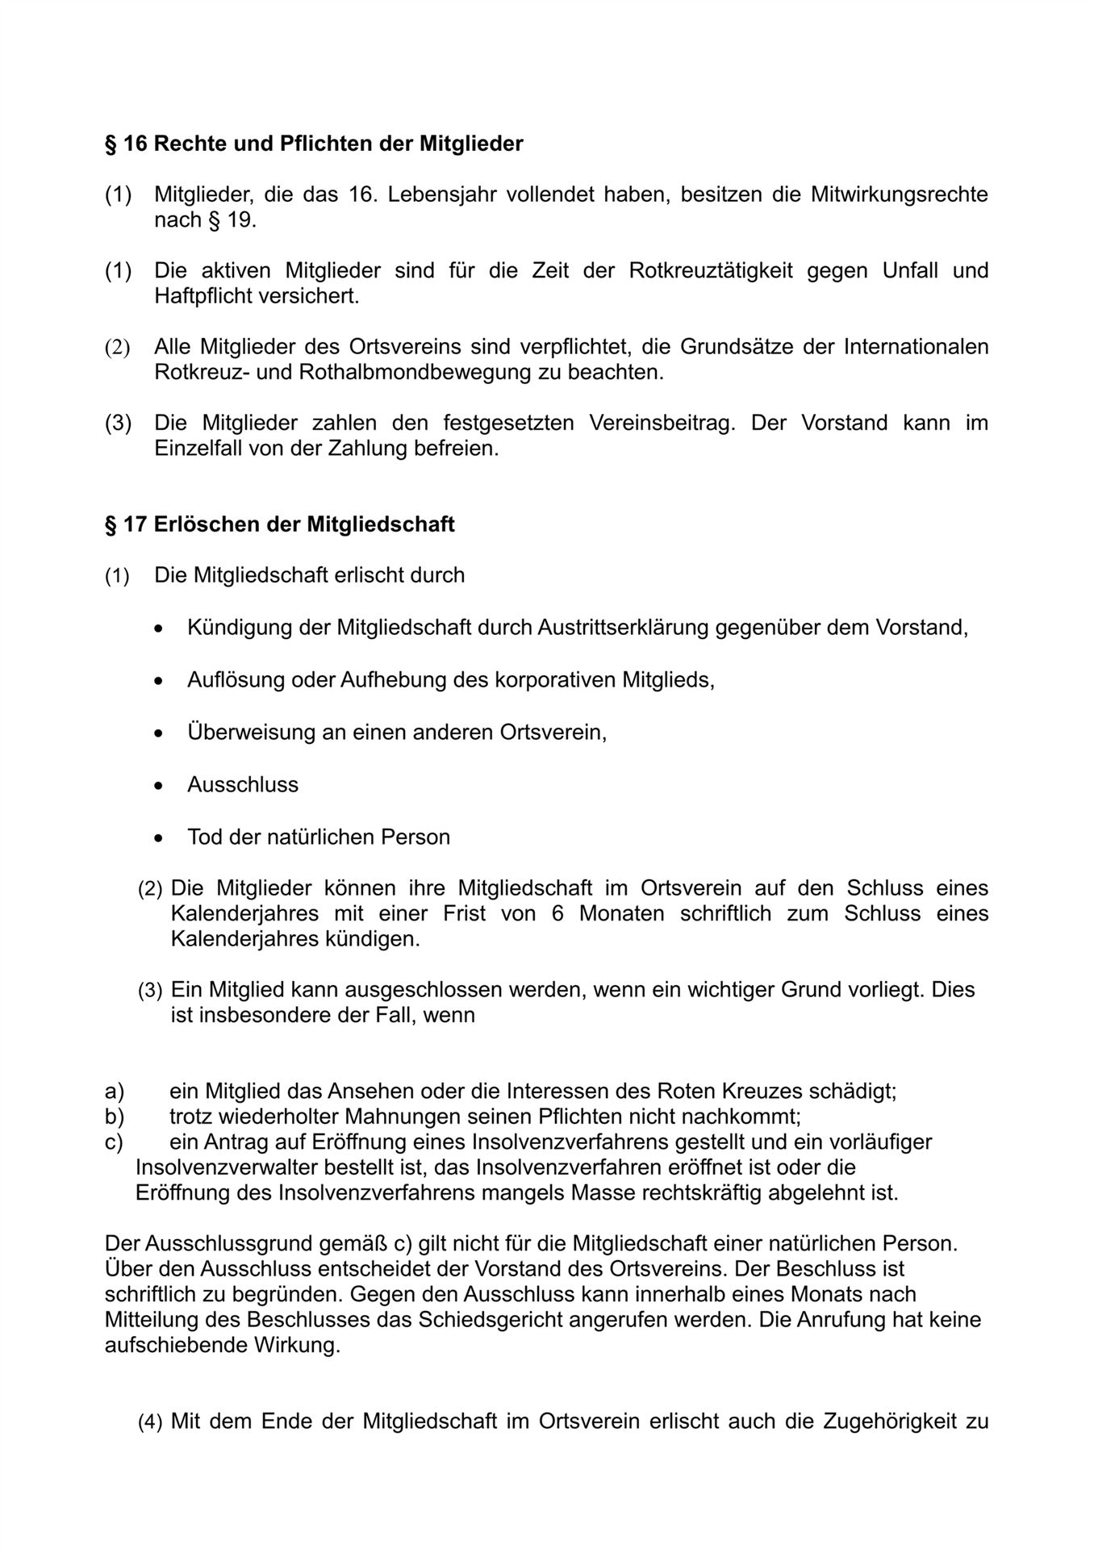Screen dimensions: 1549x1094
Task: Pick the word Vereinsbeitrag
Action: coord(662,423)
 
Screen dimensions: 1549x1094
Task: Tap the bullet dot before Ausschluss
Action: coord(161,786)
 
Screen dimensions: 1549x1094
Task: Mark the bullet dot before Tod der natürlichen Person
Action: coord(161,838)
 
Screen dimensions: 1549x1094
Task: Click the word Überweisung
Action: coord(248,733)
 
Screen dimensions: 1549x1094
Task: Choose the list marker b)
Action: coord(114,1117)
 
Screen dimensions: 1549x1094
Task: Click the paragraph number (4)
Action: coord(150,1422)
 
